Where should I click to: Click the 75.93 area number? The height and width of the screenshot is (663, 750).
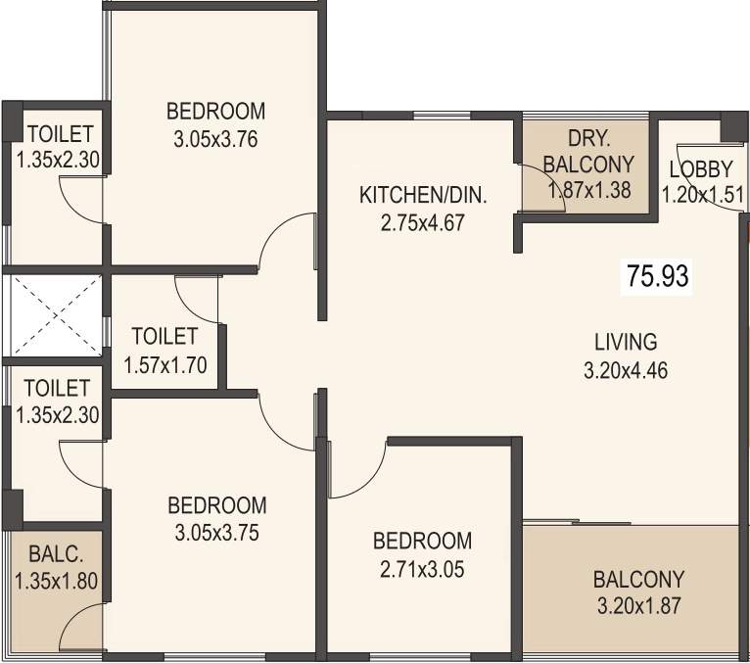click(x=658, y=276)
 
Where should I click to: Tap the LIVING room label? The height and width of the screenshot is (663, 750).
click(x=626, y=342)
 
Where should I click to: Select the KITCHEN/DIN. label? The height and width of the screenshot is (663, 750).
click(x=423, y=195)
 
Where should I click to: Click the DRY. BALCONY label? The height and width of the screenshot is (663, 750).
click(x=587, y=151)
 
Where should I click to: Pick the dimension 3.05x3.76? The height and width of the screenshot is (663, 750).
click(x=215, y=138)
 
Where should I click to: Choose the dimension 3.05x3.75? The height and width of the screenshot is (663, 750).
click(x=216, y=534)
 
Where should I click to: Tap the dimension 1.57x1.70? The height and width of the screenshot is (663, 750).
click(x=164, y=365)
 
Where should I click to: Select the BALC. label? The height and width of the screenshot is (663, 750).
click(x=56, y=552)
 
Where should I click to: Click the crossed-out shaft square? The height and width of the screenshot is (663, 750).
click(x=56, y=314)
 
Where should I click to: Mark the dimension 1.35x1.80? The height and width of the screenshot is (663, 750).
click(x=56, y=581)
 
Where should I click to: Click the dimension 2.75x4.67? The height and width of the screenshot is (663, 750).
click(x=423, y=222)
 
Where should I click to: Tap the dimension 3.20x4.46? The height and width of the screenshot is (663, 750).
click(x=626, y=371)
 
